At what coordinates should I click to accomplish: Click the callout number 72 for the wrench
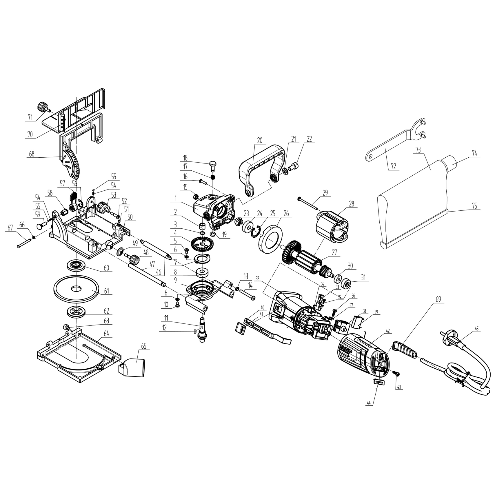(x=393, y=166)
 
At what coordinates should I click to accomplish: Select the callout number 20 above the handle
(x=260, y=141)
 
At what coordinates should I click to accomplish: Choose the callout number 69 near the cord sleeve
(x=438, y=299)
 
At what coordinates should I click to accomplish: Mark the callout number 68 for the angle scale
(x=32, y=154)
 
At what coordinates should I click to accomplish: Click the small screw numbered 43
(x=396, y=373)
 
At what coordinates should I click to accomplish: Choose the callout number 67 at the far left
(x=10, y=228)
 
